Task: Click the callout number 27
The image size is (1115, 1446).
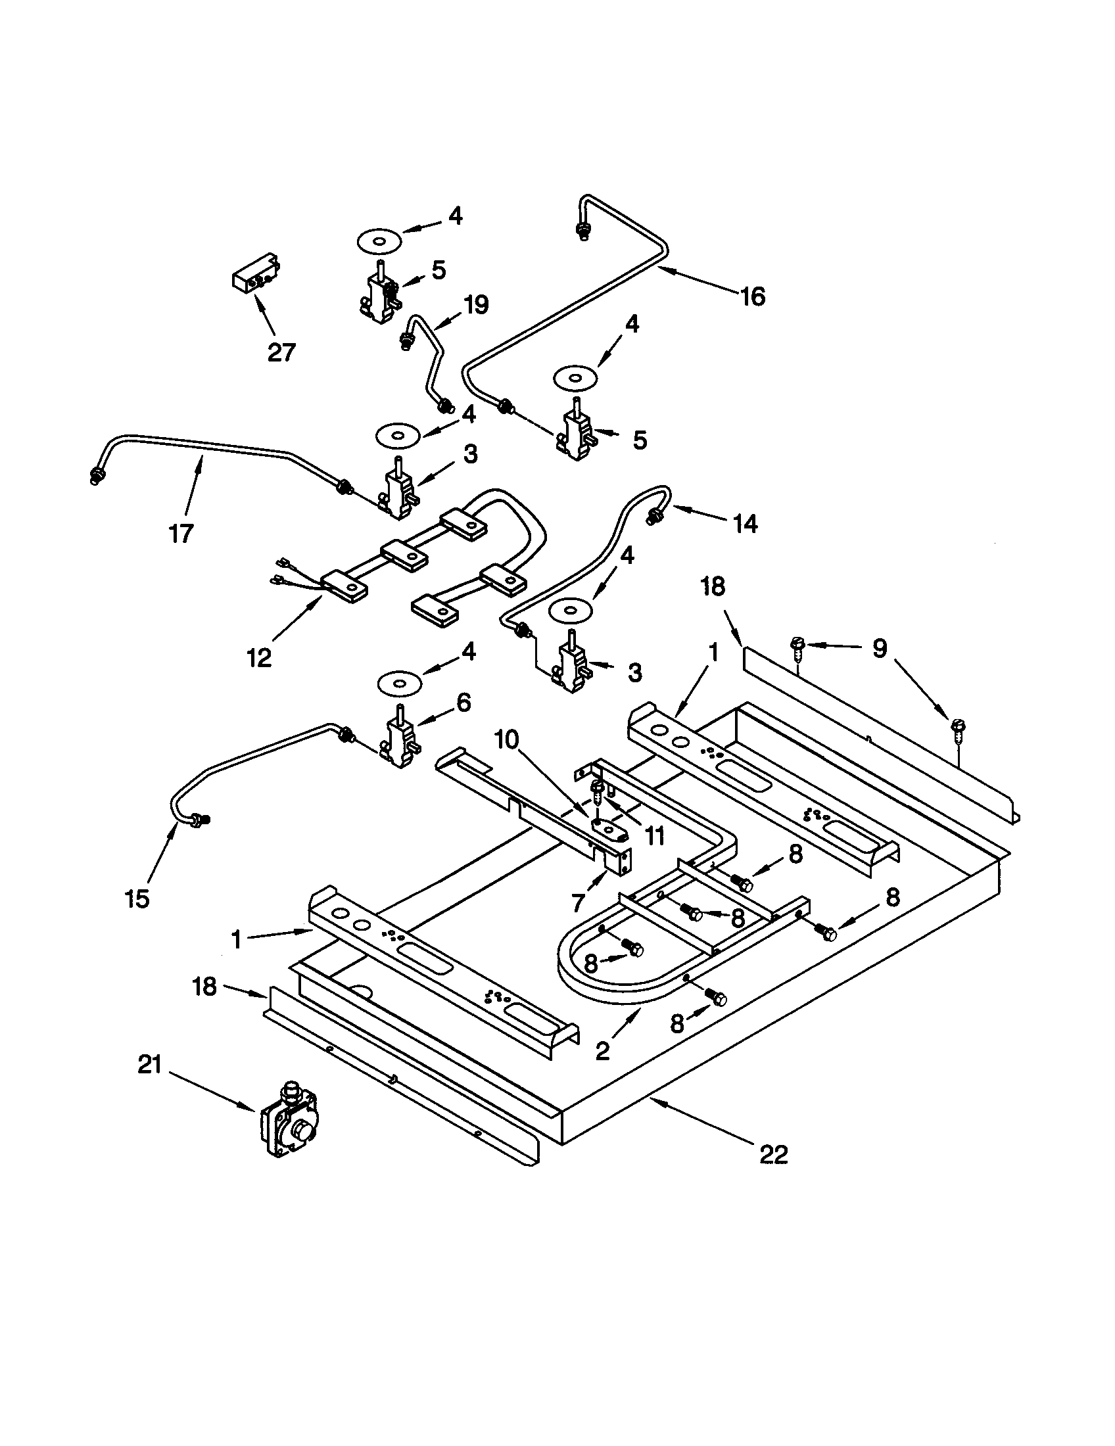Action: pos(281,352)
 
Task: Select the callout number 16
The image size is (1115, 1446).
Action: pos(753,296)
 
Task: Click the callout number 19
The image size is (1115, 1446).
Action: pos(475,304)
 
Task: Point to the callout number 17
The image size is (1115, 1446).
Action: pos(181,533)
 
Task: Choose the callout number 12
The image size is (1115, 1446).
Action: pos(259,657)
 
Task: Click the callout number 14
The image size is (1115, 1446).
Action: pos(745,525)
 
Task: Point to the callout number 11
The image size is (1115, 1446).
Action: pos(655,836)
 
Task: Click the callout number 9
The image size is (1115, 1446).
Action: pos(878,649)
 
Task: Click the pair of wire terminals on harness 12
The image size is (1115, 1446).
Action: pos(281,572)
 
